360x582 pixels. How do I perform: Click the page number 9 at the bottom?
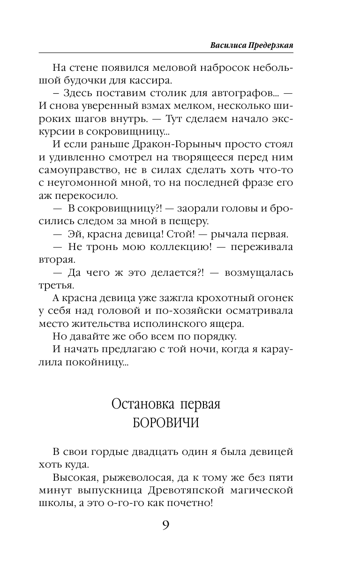tap(165, 525)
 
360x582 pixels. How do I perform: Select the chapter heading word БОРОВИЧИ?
tap(166, 422)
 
